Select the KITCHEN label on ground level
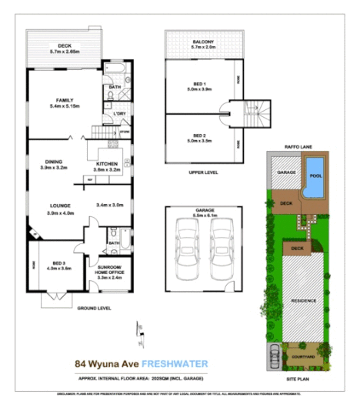click(x=107, y=165)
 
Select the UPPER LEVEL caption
click(x=203, y=172)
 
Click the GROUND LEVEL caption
click(x=94, y=308)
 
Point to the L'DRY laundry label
click(x=119, y=114)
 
